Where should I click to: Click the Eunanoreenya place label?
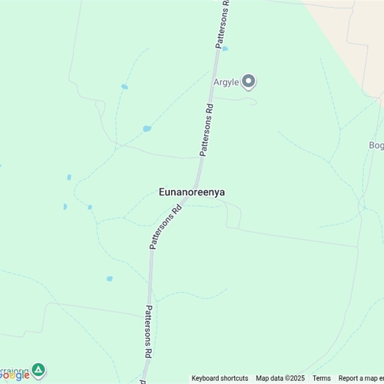[x=192, y=192]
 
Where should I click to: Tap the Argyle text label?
[x=226, y=82]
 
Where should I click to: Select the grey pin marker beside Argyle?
[x=248, y=82]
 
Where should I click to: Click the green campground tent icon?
[x=38, y=370]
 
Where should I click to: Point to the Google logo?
[x=15, y=375]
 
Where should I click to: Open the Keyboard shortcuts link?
[x=220, y=378]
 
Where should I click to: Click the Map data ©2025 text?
[x=280, y=378]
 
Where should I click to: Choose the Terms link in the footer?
[x=322, y=378]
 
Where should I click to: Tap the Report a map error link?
[x=361, y=378]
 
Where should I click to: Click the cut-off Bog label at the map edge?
[x=376, y=145]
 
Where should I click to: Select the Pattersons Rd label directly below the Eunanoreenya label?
[x=166, y=227]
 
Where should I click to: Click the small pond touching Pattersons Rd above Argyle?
[x=225, y=48]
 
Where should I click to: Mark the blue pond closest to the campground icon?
[x=109, y=278]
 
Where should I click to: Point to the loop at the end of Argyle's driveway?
[x=252, y=101]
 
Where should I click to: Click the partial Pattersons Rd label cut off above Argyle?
[x=223, y=24]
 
